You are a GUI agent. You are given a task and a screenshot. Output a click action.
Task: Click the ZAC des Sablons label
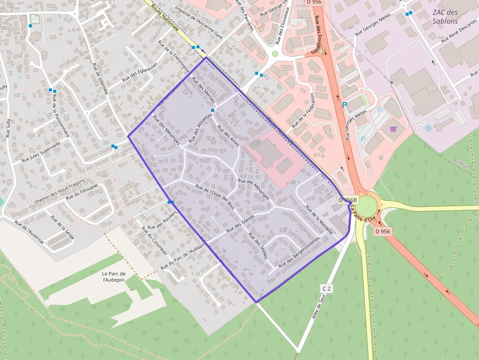445,17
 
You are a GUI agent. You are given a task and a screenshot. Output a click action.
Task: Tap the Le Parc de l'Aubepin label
114,277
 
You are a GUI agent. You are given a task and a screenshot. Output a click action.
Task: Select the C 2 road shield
327,289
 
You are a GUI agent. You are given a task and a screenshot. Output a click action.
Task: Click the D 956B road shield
348,200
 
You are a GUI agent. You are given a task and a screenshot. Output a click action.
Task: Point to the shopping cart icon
393,129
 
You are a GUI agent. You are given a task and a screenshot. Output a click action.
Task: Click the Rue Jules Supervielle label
41,152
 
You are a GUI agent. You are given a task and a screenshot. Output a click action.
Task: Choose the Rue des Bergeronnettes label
299,252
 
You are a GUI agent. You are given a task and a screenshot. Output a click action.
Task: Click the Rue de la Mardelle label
319,220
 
